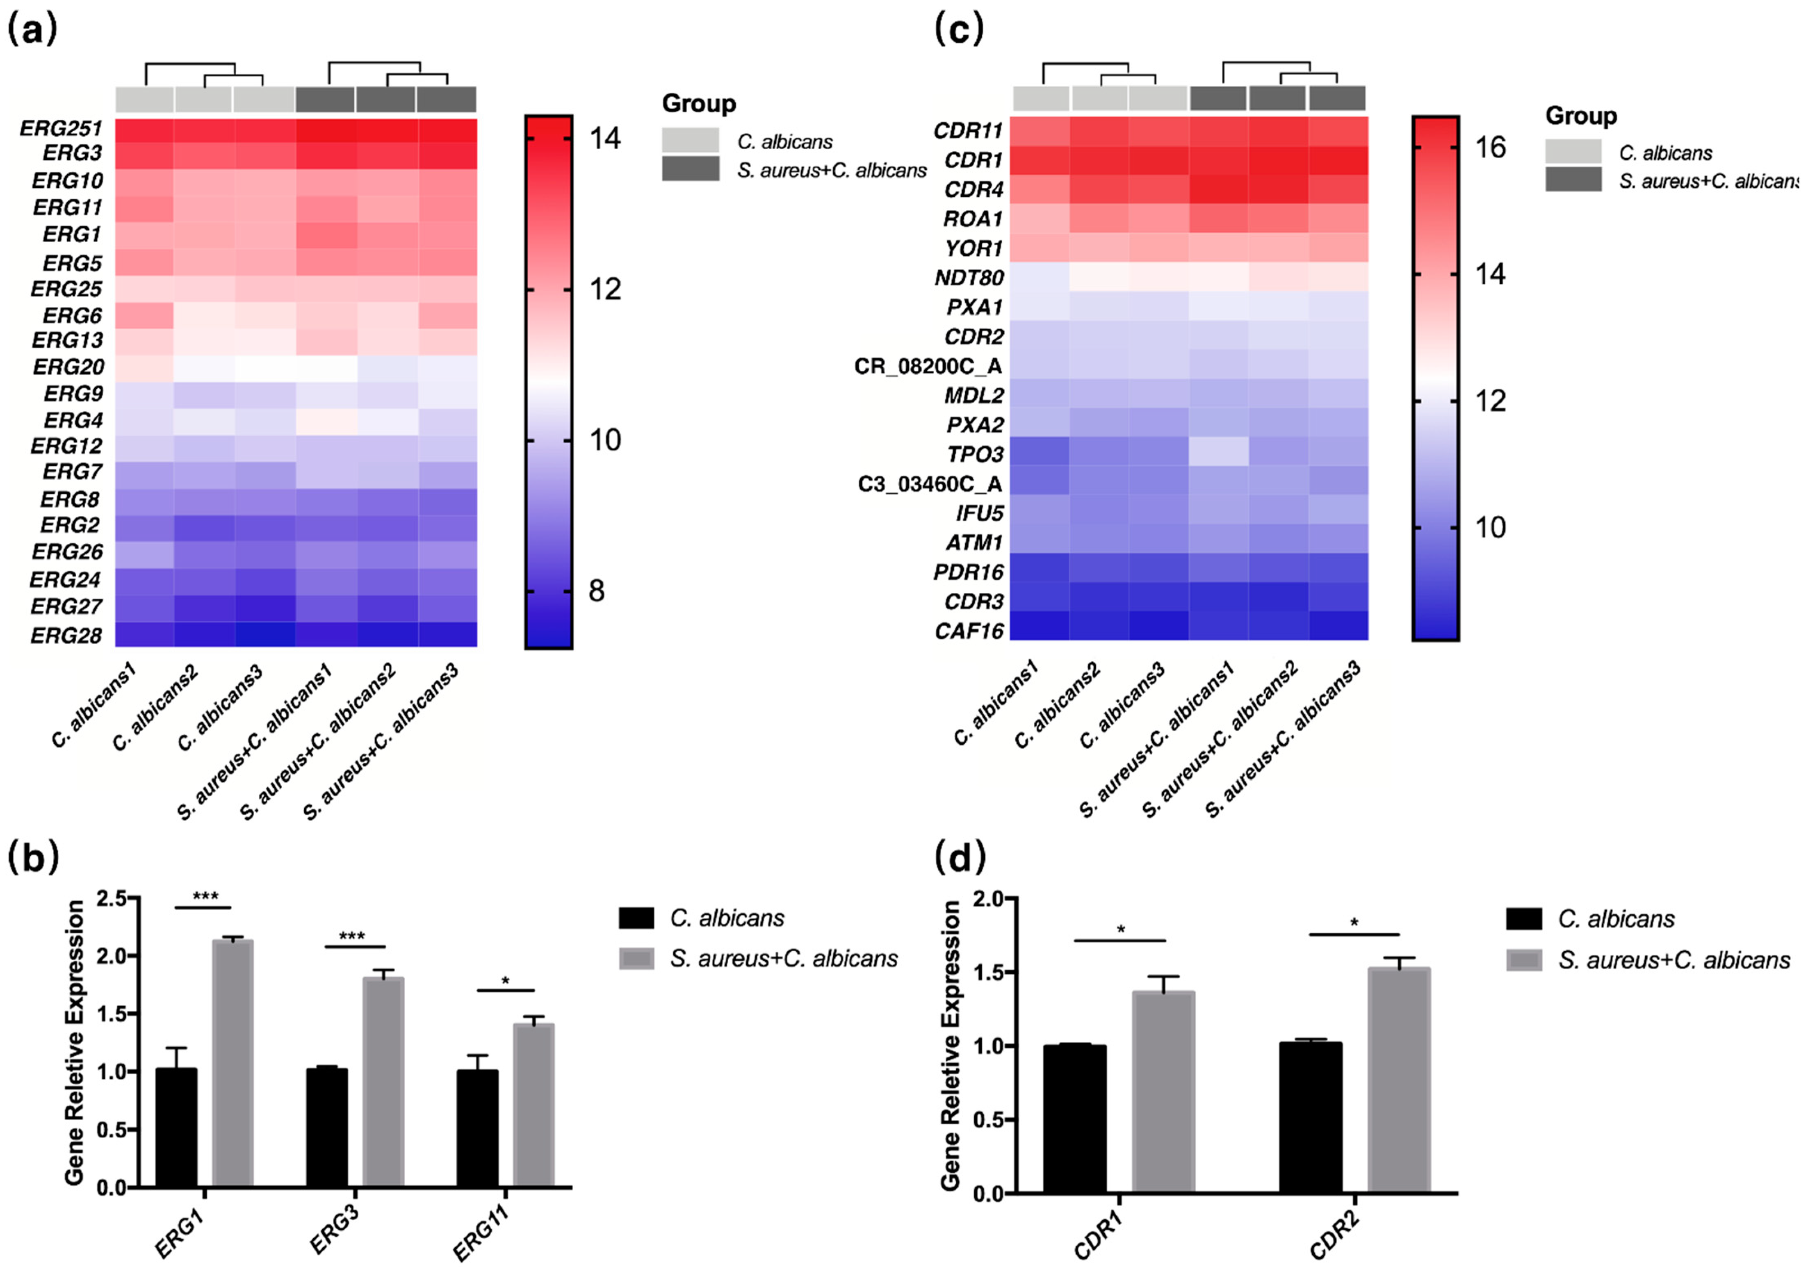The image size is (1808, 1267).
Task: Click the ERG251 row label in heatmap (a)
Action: (x=61, y=128)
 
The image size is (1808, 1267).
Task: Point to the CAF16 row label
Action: (x=969, y=631)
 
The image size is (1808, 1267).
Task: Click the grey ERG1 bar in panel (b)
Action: (x=232, y=1063)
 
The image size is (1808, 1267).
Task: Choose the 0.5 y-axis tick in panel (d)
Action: (x=988, y=1120)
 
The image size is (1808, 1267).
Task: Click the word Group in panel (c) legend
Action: (x=1580, y=116)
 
